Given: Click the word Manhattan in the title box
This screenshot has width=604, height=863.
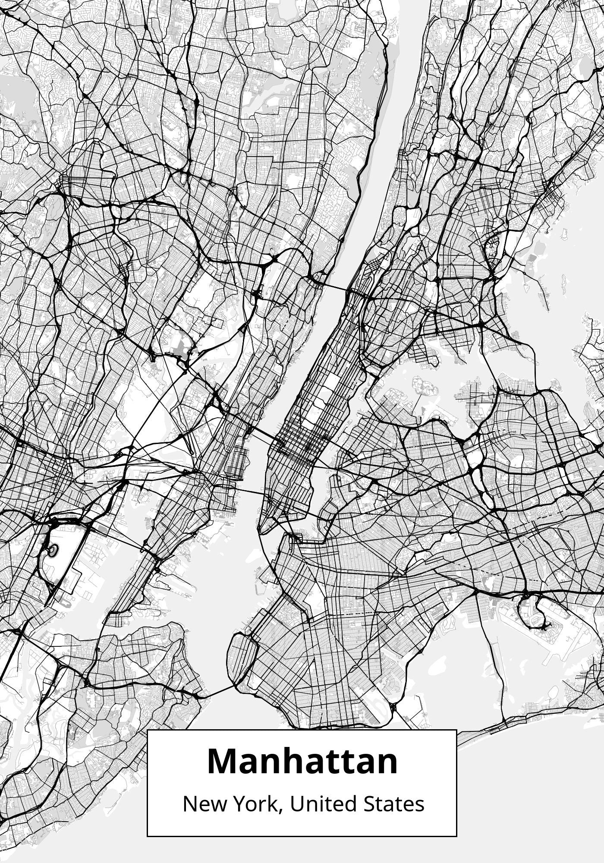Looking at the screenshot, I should tap(302, 762).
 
